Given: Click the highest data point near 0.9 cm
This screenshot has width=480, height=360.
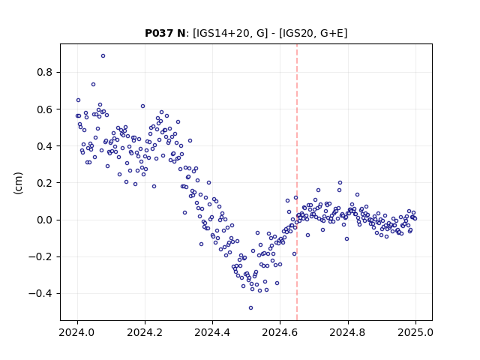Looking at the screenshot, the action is pos(103,56).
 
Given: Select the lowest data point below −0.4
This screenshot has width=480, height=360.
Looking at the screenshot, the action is pos(250,308).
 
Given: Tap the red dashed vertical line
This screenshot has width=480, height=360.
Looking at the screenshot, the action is pos(297,182).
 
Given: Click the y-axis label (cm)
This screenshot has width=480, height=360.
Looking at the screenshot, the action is pos(18,183).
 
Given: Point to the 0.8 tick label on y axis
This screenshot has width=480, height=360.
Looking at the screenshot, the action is pos(45,73).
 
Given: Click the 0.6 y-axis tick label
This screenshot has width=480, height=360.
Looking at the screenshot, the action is pos(45,109).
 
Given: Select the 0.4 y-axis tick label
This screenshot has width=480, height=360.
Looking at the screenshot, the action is pos(45,146).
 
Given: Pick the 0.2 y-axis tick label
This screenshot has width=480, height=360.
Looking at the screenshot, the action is pos(45,183).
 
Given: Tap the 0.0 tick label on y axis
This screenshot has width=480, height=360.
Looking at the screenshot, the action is pos(45,220).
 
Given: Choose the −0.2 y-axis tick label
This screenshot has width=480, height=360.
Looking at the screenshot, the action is pos(40,256).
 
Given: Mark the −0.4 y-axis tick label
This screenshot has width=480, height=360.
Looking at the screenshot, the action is pos(40,294).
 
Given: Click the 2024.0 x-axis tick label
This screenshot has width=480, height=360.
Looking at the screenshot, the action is pos(77,332).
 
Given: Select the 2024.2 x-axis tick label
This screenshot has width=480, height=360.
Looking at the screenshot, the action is pos(145,332).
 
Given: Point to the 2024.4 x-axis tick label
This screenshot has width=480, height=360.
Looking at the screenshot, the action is pos(212,332).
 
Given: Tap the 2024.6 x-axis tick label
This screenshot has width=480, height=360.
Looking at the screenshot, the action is pos(280,332).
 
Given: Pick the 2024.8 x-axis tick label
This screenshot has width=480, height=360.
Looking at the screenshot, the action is pos(348,332).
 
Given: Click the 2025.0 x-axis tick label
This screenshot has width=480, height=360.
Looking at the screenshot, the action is pos(415,332).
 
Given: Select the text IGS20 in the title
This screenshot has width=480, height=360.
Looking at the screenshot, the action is pos(297,33).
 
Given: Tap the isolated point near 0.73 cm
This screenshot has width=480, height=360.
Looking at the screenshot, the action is pos(93,85).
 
